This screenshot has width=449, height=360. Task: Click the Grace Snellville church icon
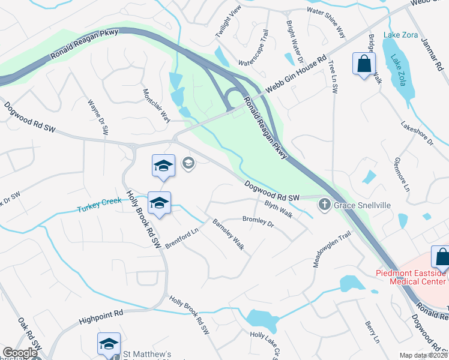pyautogui.click(x=325, y=205)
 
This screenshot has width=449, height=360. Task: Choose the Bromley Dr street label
pyautogui.click(x=258, y=223)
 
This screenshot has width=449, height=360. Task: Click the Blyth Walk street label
pyautogui.click(x=279, y=209)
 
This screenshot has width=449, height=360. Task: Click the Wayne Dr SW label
pyautogui.click(x=98, y=116)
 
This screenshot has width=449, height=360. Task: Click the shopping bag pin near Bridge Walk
pyautogui.click(x=364, y=63)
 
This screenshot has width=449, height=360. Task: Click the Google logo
pyautogui.click(x=20, y=353)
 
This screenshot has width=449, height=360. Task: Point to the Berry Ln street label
pyautogui.click(x=372, y=332)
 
